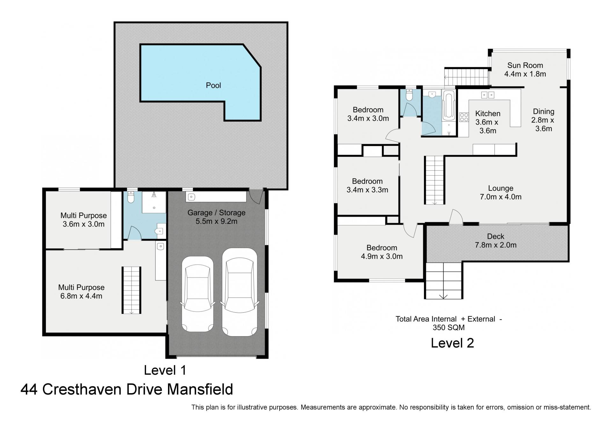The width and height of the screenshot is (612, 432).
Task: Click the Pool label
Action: (x=213, y=85)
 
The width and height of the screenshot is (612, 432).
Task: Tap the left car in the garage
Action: (x=197, y=294)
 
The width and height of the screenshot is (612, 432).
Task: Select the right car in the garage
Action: (x=239, y=292)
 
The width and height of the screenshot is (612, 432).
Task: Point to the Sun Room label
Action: (x=525, y=65)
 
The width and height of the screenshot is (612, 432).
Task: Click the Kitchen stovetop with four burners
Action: (x=464, y=117)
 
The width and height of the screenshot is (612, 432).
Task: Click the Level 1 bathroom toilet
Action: (x=131, y=197)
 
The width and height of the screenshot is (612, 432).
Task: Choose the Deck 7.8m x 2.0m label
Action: (x=495, y=241)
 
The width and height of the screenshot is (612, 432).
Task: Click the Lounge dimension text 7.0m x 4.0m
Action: (x=500, y=197)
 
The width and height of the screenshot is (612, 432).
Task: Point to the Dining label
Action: (x=543, y=111)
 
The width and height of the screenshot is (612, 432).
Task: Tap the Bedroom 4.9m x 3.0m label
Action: (x=382, y=252)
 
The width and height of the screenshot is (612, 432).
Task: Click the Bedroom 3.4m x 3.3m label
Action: (x=367, y=186)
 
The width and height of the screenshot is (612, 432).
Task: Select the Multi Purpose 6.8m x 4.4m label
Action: (x=81, y=292)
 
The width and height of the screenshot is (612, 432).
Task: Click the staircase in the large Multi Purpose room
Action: (x=131, y=290)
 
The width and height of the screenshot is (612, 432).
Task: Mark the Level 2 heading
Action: (x=452, y=343)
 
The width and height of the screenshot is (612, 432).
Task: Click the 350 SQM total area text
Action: (x=448, y=327)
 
